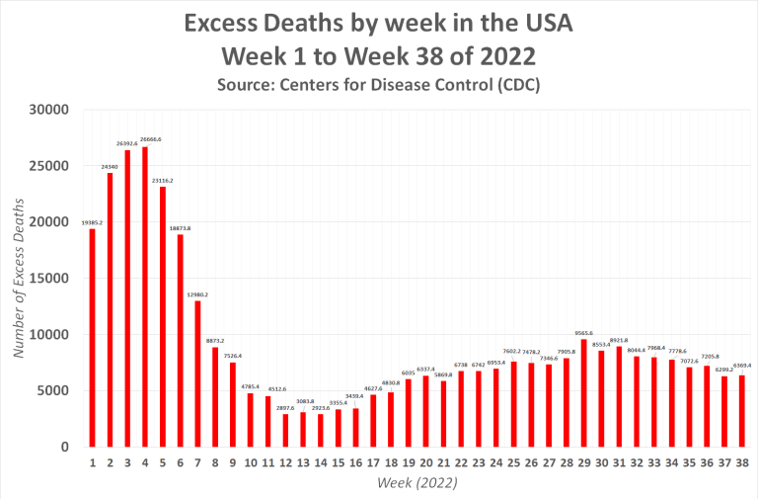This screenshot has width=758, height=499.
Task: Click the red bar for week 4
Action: click(x=145, y=296)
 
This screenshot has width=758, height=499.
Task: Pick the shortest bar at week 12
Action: click(x=285, y=431)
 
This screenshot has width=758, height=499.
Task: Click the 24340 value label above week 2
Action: click(x=111, y=166)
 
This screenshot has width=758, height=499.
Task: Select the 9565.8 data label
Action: click(x=583, y=333)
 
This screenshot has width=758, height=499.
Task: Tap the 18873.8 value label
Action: click(x=180, y=228)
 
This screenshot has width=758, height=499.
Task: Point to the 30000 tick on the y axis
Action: click(x=49, y=109)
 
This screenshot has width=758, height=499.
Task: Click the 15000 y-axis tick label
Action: click(x=49, y=279)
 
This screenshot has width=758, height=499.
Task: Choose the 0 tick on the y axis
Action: click(x=63, y=448)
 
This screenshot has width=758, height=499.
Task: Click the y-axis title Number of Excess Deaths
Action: click(x=19, y=279)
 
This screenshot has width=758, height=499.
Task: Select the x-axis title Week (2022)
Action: click(x=417, y=483)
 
